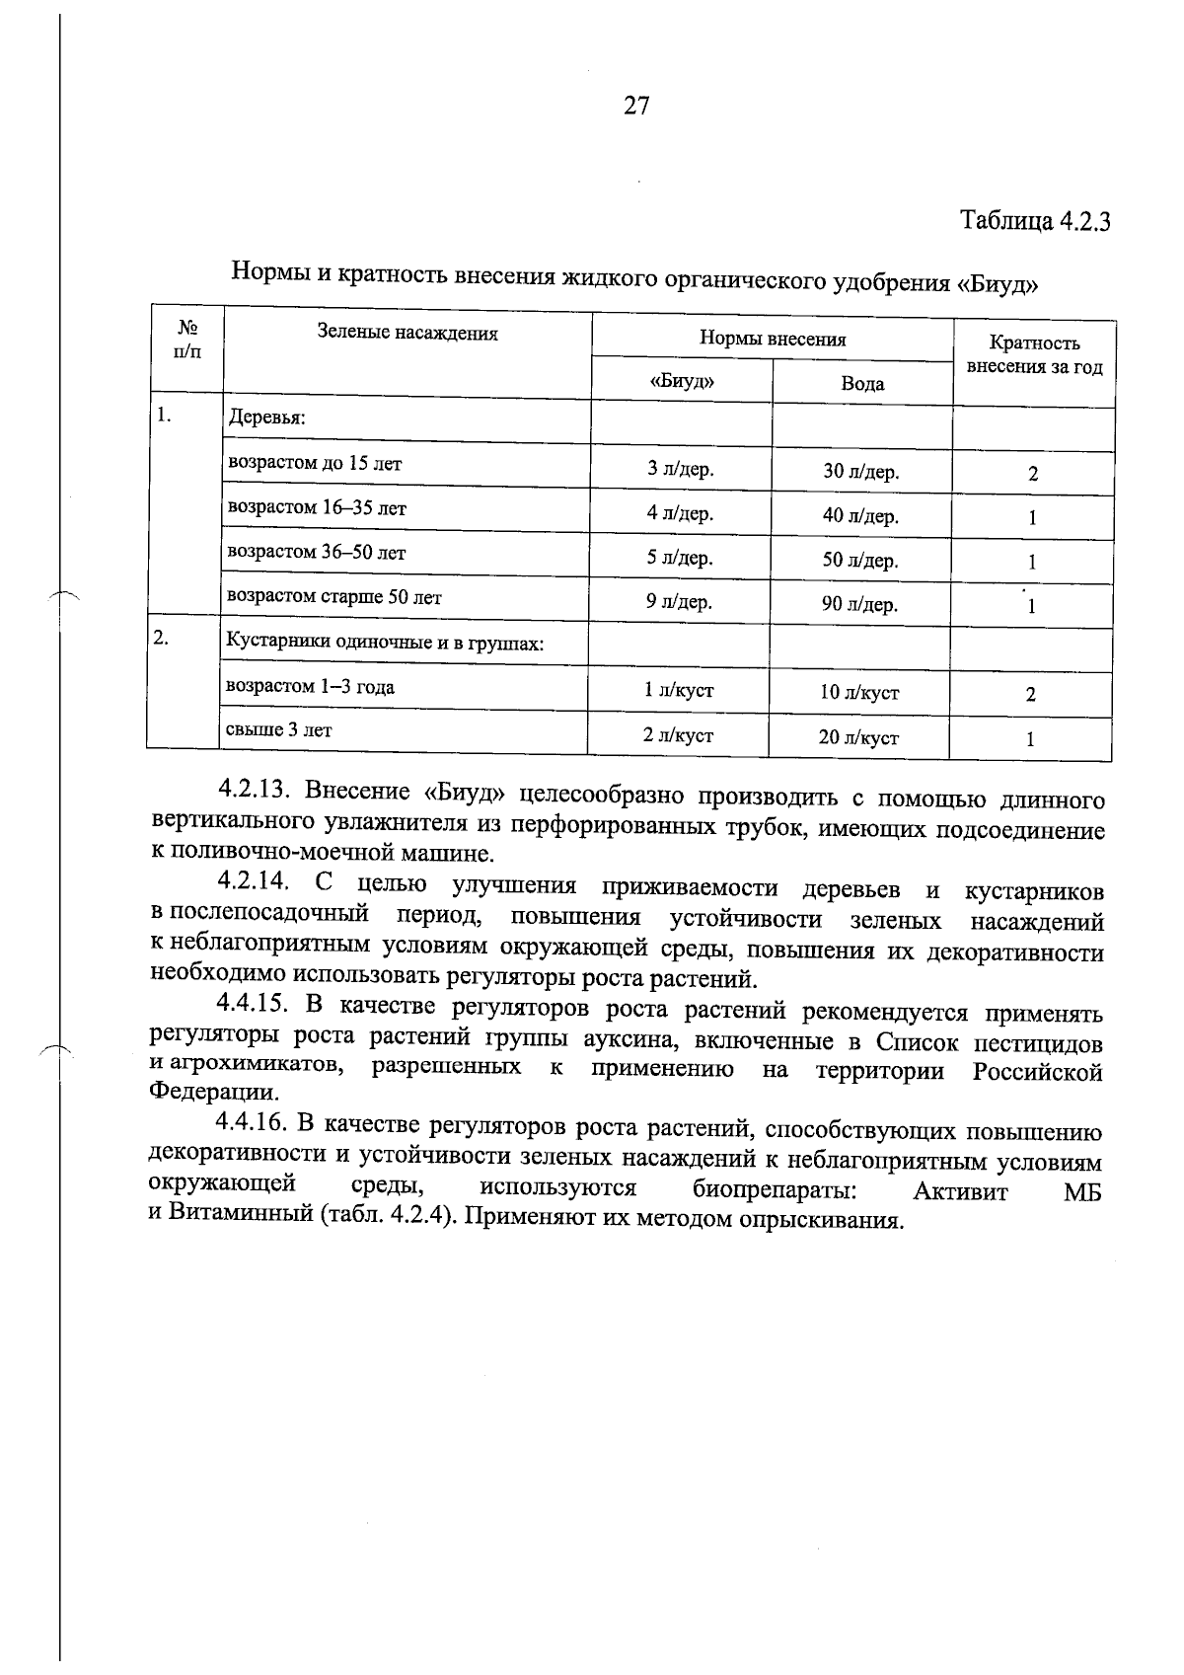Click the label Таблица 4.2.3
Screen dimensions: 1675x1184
(x=1035, y=220)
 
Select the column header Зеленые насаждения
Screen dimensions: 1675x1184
(x=407, y=334)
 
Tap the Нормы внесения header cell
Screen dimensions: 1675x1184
(x=773, y=339)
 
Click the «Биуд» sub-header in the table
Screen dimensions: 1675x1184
(x=682, y=381)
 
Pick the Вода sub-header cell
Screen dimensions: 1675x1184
(x=862, y=384)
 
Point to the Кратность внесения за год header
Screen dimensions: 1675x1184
(x=1034, y=355)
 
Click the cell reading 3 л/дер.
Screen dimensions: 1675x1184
(x=680, y=469)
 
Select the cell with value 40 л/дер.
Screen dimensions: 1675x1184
(x=860, y=516)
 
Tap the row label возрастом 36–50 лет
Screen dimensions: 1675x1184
(x=317, y=553)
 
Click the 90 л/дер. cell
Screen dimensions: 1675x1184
(x=859, y=605)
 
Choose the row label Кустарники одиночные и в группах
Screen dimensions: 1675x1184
(x=386, y=644)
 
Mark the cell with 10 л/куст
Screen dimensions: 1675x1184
(x=858, y=693)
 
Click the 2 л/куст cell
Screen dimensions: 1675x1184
(x=678, y=736)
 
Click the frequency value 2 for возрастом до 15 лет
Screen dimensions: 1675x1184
(x=1033, y=474)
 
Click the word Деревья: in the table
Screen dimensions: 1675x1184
(x=267, y=419)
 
